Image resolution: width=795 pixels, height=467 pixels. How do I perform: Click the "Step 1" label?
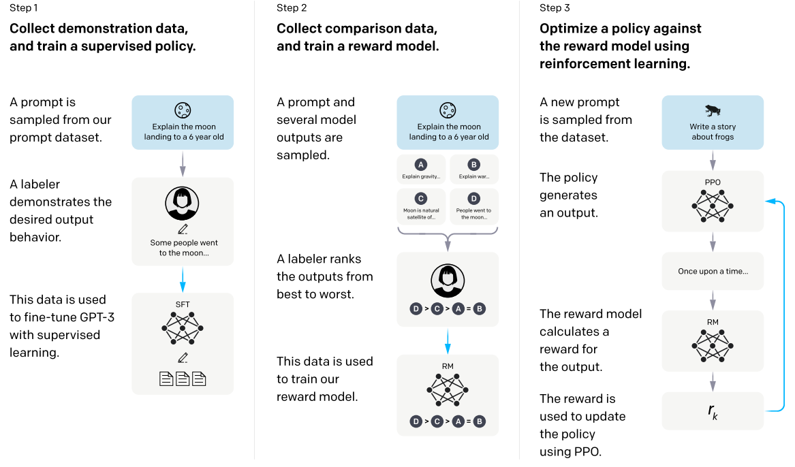[x=23, y=7]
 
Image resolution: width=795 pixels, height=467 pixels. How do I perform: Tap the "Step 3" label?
[x=555, y=7]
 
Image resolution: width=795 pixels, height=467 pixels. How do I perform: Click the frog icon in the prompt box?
[x=713, y=110]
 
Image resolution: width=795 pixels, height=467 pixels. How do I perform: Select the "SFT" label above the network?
[x=183, y=304]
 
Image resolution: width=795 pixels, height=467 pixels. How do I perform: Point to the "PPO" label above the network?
[x=713, y=182]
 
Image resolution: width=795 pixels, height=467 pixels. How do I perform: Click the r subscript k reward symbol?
[x=713, y=411]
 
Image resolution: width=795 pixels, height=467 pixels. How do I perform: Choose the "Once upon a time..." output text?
[x=713, y=272]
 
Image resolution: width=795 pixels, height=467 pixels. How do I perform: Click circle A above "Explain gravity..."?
[x=421, y=165]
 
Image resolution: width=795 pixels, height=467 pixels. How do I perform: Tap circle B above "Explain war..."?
[x=473, y=165]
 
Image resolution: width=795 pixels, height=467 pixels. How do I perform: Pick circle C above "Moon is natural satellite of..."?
[x=421, y=199]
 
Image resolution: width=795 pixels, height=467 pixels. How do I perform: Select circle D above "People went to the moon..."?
[x=473, y=199]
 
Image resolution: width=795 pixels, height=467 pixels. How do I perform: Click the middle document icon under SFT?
[x=183, y=379]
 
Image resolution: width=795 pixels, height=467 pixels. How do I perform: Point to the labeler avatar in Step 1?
[x=182, y=203]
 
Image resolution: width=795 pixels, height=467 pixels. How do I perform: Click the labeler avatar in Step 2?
[x=448, y=280]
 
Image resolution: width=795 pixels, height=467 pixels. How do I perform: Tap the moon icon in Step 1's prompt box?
[x=183, y=110]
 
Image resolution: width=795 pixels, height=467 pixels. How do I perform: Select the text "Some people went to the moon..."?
[x=183, y=248]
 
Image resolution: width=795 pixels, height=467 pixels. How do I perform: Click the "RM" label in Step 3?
[x=713, y=322]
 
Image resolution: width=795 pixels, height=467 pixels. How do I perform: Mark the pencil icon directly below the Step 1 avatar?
[x=183, y=229]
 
